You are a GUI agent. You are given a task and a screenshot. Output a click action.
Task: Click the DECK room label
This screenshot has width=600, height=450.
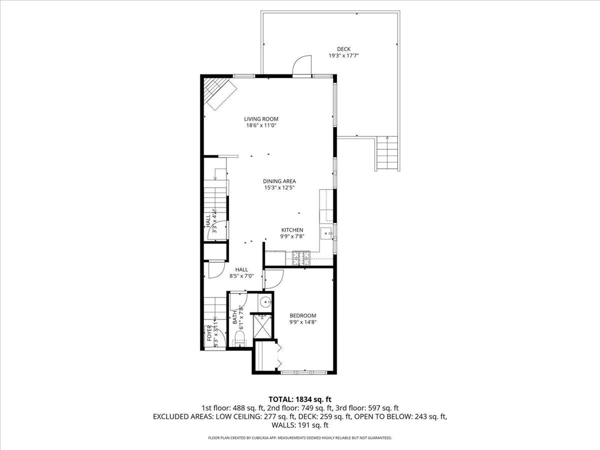coord(343,49)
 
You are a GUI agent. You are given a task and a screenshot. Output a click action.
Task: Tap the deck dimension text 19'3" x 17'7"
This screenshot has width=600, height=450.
coord(343,56)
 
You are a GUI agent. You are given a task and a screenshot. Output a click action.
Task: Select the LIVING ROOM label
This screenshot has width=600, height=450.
coord(261,119)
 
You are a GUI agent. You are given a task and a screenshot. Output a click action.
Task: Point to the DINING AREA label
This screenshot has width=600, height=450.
coord(279,181)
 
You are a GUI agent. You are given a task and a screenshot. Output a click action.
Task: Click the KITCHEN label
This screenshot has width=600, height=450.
coord(292,230)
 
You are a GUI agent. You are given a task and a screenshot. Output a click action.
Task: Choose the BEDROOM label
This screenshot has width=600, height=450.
coord(302,316)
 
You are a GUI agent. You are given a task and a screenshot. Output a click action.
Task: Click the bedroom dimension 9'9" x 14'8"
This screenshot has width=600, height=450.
coord(302,322)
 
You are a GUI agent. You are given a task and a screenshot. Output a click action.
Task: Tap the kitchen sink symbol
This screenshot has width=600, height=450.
coord(327,233)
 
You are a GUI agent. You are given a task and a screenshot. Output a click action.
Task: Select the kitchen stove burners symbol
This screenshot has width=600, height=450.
coord(301,258)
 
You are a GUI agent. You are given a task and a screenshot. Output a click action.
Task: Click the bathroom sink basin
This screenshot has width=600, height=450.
coord(266,302)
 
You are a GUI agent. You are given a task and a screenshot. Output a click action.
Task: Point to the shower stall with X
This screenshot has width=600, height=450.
coord(262,326)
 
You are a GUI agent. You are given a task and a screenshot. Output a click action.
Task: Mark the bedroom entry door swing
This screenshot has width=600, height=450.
coord(273,279)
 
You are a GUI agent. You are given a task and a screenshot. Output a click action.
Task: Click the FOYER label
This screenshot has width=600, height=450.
coord(209,333)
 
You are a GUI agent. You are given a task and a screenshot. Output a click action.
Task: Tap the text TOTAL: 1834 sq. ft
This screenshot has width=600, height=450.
coord(300,399)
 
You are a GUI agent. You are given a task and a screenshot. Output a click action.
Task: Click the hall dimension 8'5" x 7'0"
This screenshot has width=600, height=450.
coord(241,276)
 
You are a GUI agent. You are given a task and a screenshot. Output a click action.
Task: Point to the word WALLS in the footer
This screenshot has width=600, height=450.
coord(282,425)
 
